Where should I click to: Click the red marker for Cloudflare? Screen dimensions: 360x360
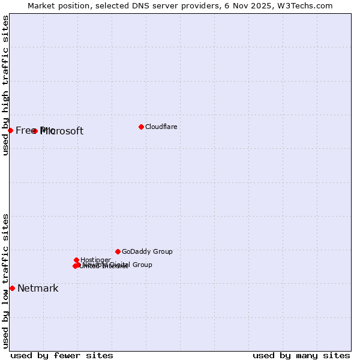click(141, 127)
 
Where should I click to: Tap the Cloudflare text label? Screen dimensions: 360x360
click(161, 127)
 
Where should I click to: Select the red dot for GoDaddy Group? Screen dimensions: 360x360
click(118, 251)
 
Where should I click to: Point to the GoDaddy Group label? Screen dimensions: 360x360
click(147, 251)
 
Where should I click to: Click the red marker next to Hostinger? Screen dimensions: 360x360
click(77, 260)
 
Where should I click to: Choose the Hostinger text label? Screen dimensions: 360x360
click(95, 260)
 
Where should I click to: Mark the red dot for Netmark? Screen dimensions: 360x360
click(12, 288)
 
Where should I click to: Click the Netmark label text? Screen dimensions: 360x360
click(38, 289)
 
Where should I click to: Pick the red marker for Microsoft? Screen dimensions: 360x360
click(35, 131)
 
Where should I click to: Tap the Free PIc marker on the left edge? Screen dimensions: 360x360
click(10, 130)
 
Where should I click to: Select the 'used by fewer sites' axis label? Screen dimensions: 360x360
click(62, 355)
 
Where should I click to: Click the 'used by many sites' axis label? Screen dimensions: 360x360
click(301, 355)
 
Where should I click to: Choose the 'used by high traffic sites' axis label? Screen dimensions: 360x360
click(6, 86)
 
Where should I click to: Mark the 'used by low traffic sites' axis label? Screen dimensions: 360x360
click(6, 280)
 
